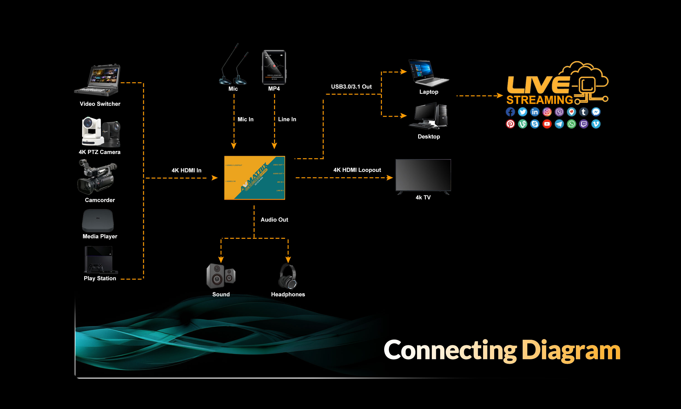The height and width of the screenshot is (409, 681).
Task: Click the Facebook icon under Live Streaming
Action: click(510, 112)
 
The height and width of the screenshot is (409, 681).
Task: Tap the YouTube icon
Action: click(547, 124)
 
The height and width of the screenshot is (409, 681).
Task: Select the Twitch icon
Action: click(583, 124)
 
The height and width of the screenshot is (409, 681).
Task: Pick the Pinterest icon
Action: click(510, 124)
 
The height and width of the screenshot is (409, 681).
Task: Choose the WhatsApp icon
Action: click(571, 124)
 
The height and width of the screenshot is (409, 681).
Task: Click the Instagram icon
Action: click(547, 112)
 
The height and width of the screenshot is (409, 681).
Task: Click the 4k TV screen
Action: click(423, 175)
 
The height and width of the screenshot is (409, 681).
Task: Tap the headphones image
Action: click(288, 276)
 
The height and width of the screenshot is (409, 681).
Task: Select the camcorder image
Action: click(97, 178)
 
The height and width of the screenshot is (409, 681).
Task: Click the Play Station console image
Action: click(100, 260)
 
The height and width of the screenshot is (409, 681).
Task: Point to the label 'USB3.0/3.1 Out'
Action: click(351, 87)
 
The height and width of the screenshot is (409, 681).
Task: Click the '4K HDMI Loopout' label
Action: click(357, 170)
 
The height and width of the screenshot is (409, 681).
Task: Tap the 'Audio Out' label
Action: click(274, 220)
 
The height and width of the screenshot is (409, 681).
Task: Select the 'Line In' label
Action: click(287, 119)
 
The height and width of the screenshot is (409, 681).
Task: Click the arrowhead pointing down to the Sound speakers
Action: click(221, 260)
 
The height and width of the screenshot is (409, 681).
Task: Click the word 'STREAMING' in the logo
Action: click(540, 100)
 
